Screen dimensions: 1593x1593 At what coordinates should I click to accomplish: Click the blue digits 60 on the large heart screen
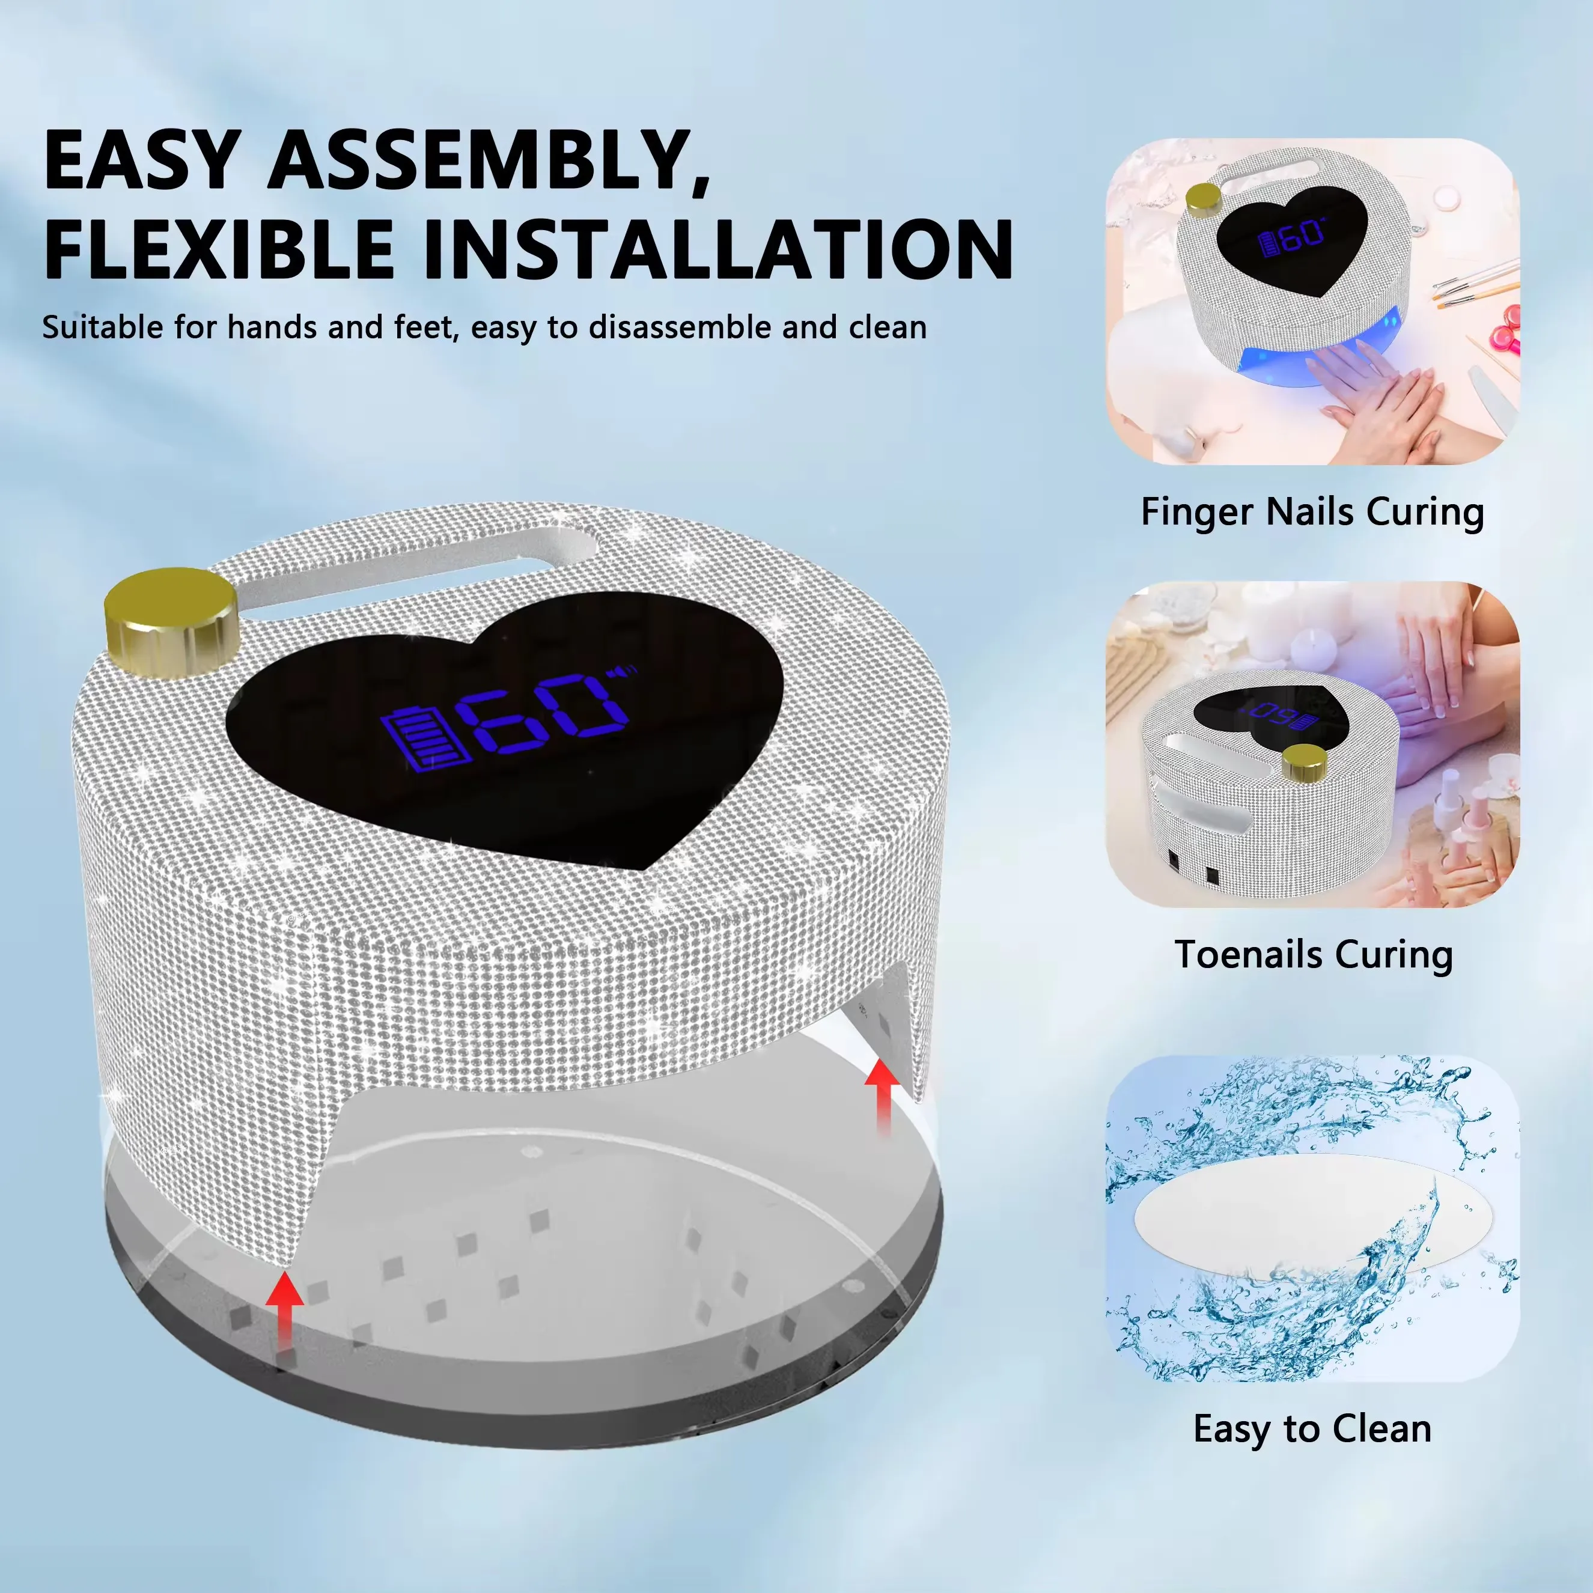click(544, 713)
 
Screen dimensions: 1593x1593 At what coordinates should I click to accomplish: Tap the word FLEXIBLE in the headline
click(219, 249)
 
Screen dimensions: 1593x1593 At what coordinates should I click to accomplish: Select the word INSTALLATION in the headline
click(717, 249)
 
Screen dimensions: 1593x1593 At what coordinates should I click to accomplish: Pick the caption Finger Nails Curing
click(1312, 512)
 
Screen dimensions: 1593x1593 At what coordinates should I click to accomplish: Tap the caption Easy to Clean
click(1312, 1429)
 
